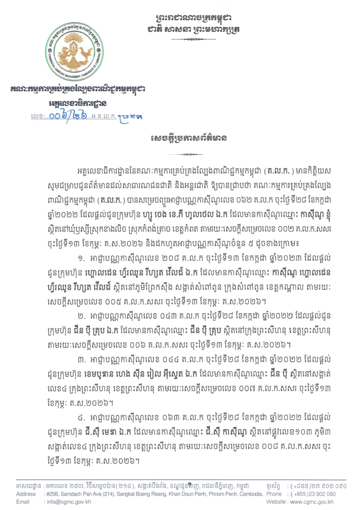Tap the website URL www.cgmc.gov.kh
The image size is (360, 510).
[x=316, y=502]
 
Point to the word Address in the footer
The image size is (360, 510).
[x=25, y=494]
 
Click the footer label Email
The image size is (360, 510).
[x=23, y=502]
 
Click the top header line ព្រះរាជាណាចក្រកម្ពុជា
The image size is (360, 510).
[x=194, y=18]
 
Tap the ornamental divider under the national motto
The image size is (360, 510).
[x=194, y=40]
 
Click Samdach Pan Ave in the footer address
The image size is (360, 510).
[x=84, y=494]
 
